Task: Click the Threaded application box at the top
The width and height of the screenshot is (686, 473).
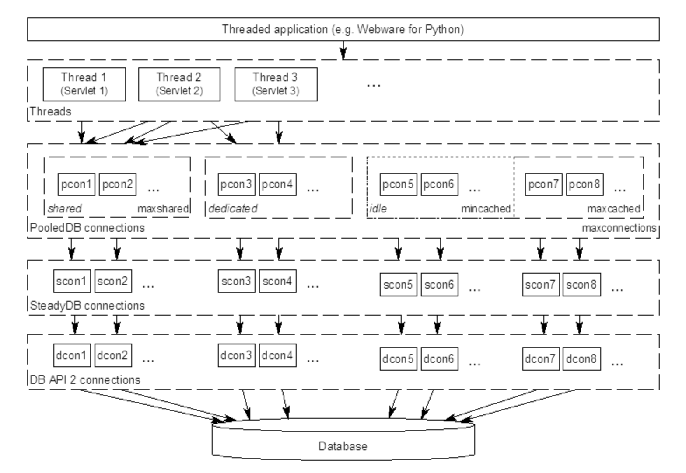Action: click(343, 29)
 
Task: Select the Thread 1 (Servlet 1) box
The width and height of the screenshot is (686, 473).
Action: click(84, 84)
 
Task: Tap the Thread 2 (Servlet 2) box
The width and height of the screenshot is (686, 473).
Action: click(179, 84)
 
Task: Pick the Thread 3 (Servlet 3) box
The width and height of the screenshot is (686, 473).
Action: click(276, 84)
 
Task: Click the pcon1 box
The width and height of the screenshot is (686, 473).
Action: click(77, 184)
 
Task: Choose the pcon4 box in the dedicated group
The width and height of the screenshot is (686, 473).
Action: click(277, 184)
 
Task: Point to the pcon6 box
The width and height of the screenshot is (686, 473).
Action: click(439, 184)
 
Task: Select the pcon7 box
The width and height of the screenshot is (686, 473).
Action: click(543, 184)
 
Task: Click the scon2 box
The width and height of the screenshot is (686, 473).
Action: click(113, 281)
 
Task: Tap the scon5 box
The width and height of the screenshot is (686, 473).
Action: click(398, 285)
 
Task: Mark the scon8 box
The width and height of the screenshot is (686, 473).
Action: click(581, 285)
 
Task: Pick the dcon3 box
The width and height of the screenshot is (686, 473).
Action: click(236, 355)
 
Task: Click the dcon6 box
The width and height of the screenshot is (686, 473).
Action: click(439, 359)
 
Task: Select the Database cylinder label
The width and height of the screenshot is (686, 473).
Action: click(343, 446)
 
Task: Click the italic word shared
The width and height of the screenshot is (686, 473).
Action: click(65, 209)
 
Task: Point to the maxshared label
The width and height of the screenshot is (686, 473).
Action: click(163, 209)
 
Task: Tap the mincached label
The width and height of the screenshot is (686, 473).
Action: click(486, 209)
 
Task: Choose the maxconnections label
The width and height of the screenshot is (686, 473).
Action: click(619, 228)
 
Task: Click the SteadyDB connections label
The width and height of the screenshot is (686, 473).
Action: click(87, 306)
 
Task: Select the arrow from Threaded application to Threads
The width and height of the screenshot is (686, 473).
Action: click(343, 50)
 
